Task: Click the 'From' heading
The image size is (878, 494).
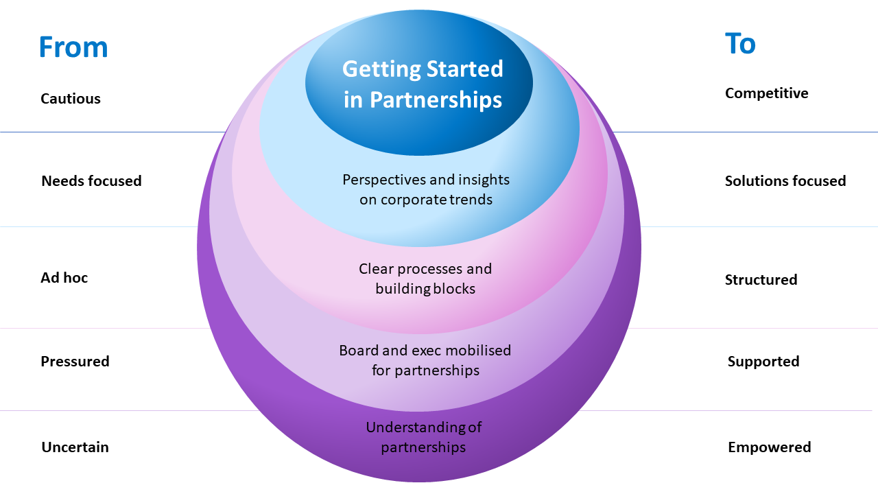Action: click(x=73, y=47)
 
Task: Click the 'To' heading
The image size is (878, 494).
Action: click(x=740, y=44)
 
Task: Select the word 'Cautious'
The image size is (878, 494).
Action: click(x=71, y=99)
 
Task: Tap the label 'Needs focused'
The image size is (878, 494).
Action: click(x=91, y=181)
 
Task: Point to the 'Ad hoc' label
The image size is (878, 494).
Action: click(x=64, y=278)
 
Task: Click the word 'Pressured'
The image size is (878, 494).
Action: click(x=75, y=362)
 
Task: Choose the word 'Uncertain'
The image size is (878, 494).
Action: click(x=75, y=447)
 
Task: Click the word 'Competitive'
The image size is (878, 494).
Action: click(x=766, y=93)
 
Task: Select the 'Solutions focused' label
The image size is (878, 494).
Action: click(x=785, y=181)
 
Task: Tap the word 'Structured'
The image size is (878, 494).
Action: click(x=761, y=280)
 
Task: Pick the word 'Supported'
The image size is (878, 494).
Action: click(x=763, y=362)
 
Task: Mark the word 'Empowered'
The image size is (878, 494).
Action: click(x=769, y=447)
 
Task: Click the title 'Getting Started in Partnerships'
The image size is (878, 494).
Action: click(x=423, y=84)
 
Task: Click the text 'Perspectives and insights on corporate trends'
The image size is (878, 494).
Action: click(x=426, y=190)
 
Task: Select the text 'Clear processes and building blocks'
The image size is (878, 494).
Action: click(x=425, y=279)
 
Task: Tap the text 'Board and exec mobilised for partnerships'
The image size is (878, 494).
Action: click(x=425, y=360)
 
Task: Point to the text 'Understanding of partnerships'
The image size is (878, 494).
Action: click(x=424, y=437)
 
